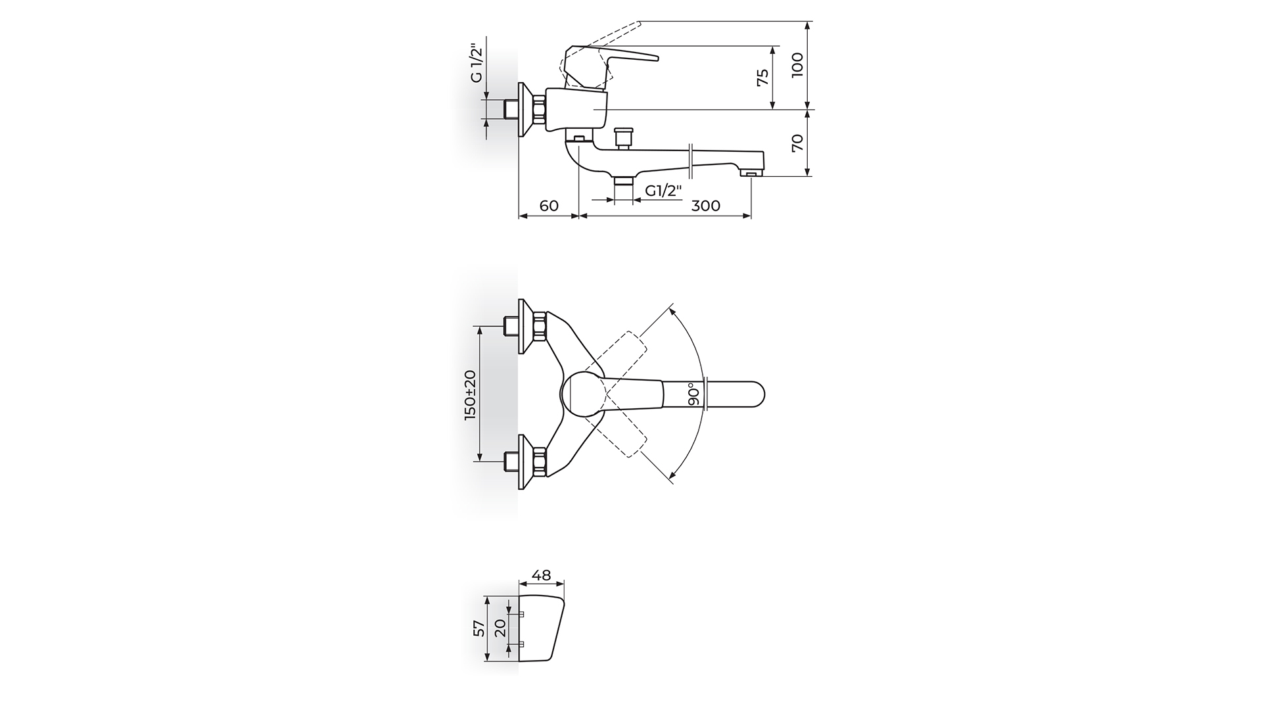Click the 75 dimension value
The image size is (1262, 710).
[762, 78]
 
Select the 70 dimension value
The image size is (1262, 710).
[797, 143]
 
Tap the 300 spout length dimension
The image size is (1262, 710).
[706, 205]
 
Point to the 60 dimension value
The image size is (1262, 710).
[549, 205]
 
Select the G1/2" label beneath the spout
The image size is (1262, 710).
[663, 191]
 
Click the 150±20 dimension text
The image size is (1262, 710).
[470, 394]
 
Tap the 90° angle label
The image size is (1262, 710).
[692, 394]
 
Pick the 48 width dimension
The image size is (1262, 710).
[541, 575]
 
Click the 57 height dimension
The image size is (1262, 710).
[479, 628]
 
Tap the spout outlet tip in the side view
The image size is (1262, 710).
[751, 174]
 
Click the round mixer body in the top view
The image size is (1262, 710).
[584, 394]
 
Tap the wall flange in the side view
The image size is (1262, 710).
[525, 110]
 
